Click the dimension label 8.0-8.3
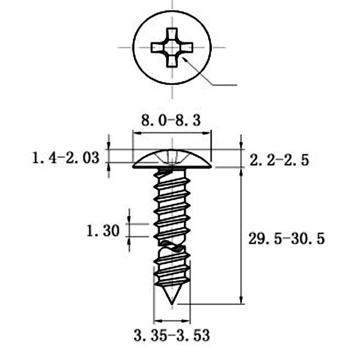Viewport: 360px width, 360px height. point(171,121)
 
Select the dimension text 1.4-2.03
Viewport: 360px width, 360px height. point(66,158)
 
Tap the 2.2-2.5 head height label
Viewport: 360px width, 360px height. point(279,160)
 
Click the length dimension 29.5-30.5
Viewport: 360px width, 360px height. point(287,239)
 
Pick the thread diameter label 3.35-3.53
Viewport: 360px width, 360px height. point(171,335)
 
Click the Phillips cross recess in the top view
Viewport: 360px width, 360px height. point(172,47)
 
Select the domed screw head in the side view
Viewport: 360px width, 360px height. point(172,160)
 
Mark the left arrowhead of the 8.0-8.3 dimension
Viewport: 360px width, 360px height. point(136,133)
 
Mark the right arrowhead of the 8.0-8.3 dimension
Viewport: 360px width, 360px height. point(207,133)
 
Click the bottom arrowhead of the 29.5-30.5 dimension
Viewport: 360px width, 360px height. point(242,300)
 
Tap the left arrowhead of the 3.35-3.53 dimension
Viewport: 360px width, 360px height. point(157,321)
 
